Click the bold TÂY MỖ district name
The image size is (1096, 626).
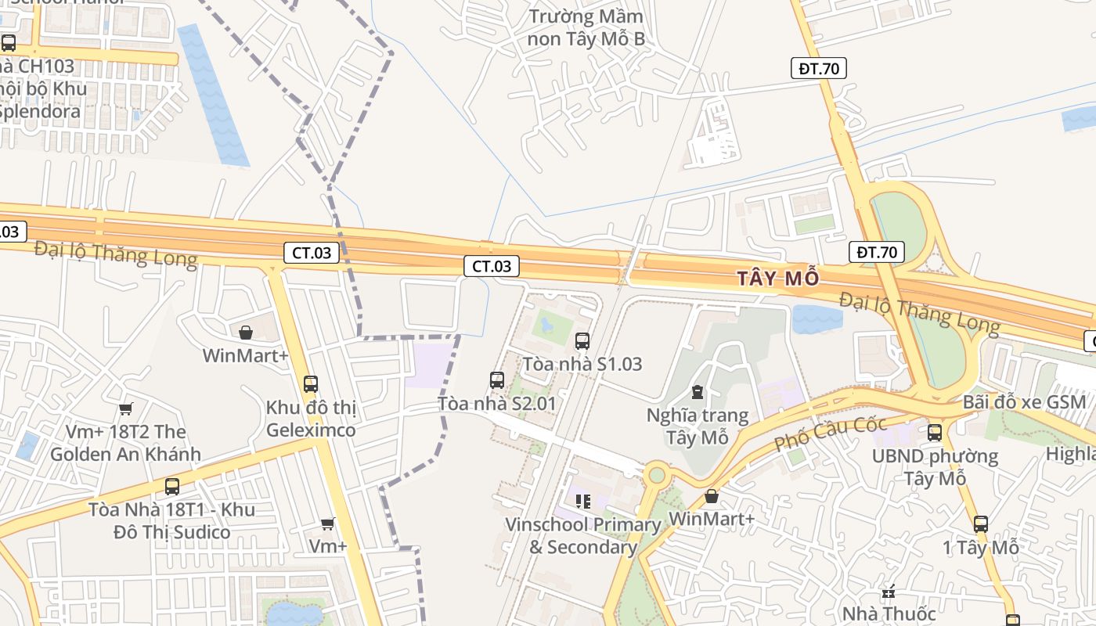tap(780, 278)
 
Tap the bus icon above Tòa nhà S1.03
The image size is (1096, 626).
tap(582, 340)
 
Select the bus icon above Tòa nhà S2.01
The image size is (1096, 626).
tap(496, 380)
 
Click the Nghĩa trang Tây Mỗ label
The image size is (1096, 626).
tap(698, 426)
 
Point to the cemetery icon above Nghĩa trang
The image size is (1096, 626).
tap(697, 391)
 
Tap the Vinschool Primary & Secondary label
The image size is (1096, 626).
tap(583, 535)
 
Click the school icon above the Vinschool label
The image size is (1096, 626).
tap(582, 501)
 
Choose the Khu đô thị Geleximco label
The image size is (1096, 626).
tap(311, 419)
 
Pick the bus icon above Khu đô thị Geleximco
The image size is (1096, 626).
tap(311, 383)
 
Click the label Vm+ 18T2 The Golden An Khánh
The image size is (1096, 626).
tap(125, 443)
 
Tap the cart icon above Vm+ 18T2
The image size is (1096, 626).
tap(125, 408)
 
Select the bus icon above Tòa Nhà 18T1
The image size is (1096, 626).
tap(171, 486)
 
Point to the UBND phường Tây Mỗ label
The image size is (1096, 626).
tap(935, 466)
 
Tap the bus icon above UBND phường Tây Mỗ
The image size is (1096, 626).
tap(934, 432)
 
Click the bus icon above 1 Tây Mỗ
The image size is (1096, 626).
tap(980, 524)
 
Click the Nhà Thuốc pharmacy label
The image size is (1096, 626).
tap(889, 613)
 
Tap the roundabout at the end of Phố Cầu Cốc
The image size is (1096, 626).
tap(656, 473)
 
